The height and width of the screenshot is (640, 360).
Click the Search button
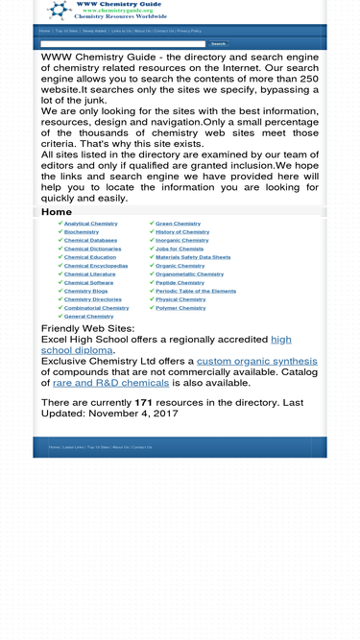(218, 44)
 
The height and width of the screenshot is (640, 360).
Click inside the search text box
(123, 44)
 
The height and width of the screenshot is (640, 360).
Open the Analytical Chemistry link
(90, 224)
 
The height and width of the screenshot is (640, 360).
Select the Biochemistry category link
(82, 232)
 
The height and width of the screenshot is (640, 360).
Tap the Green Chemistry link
(178, 224)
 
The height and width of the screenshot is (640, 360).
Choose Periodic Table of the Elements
(195, 291)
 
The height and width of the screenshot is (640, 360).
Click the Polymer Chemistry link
(180, 308)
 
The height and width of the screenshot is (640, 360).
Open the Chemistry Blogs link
(85, 291)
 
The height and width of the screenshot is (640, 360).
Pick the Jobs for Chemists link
(180, 249)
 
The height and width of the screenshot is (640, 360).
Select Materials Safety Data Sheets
(193, 257)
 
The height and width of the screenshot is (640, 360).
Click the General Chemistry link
(88, 316)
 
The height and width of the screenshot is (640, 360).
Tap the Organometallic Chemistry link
(189, 274)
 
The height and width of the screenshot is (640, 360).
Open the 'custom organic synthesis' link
(256, 362)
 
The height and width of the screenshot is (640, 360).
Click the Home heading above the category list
(57, 212)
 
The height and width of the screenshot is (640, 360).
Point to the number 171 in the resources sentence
(143, 403)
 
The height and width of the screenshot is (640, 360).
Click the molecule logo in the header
(59, 10)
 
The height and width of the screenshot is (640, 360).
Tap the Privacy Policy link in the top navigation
(189, 31)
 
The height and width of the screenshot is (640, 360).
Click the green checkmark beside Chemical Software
(60, 282)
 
